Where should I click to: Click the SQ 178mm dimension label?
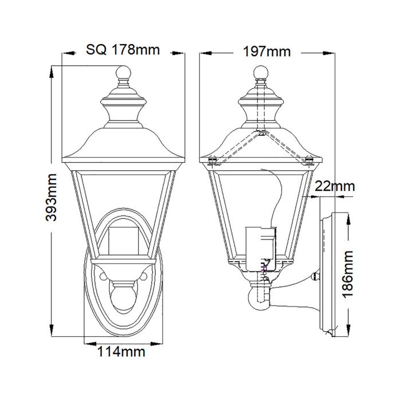point(123,50)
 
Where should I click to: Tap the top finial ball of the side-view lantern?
point(261,73)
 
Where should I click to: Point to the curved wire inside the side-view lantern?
point(280,195)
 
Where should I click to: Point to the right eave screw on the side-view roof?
point(310,162)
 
